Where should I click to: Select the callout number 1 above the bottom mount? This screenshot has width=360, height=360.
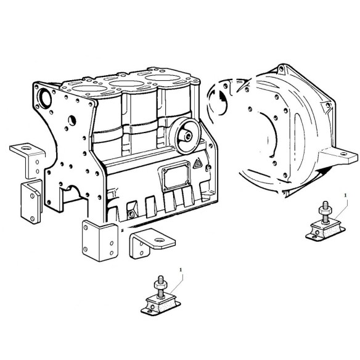coord(180,269)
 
